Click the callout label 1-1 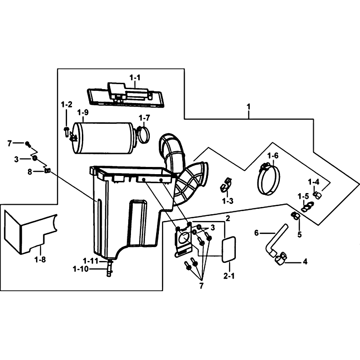point(135,78)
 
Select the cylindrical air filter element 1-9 point(103,138)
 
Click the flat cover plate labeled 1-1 point(125,94)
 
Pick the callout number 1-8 point(40,260)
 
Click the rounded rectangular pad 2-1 point(229,250)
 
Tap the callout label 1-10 point(81,269)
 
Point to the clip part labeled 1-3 point(225,185)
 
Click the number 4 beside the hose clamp point(305,261)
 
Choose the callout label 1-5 point(303,197)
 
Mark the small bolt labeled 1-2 point(66,131)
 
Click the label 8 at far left point(30,171)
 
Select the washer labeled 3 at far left point(35,158)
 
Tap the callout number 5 point(299,234)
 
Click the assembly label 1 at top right point(248,107)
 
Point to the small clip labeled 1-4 point(317,195)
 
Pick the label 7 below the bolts point(201,286)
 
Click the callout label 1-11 point(91,261)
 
